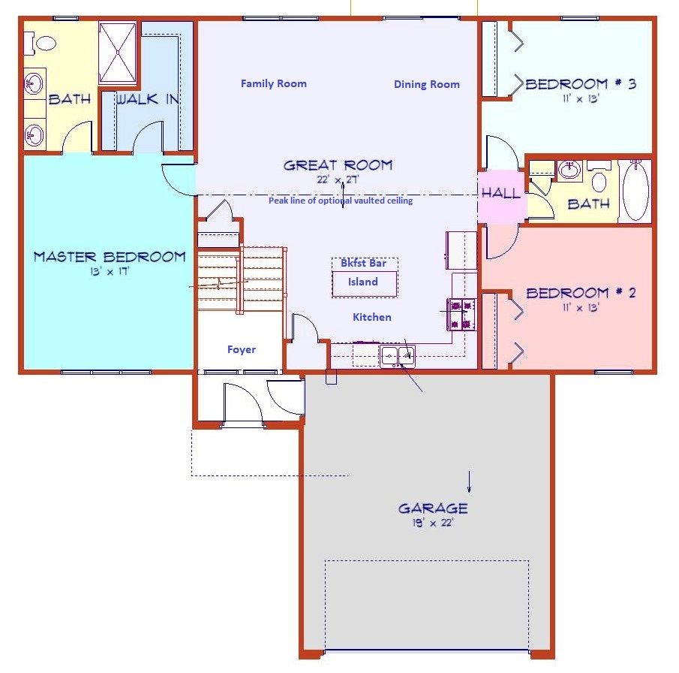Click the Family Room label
click(x=273, y=83)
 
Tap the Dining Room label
click(x=426, y=84)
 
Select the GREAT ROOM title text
click(x=338, y=165)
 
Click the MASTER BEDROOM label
click(x=110, y=257)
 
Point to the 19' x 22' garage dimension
click(x=433, y=523)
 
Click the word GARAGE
click(x=433, y=509)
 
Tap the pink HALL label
click(x=500, y=193)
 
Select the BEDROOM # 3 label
click(x=581, y=84)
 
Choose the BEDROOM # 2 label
click(x=581, y=293)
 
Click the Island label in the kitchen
click(x=362, y=282)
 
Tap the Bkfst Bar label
click(x=363, y=263)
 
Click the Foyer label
click(x=242, y=349)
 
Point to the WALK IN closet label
click(x=147, y=99)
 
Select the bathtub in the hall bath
click(x=635, y=191)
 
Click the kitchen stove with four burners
click(x=461, y=314)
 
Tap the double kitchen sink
click(x=397, y=355)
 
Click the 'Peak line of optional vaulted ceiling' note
click(x=341, y=201)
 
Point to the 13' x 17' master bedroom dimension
click(x=110, y=272)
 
